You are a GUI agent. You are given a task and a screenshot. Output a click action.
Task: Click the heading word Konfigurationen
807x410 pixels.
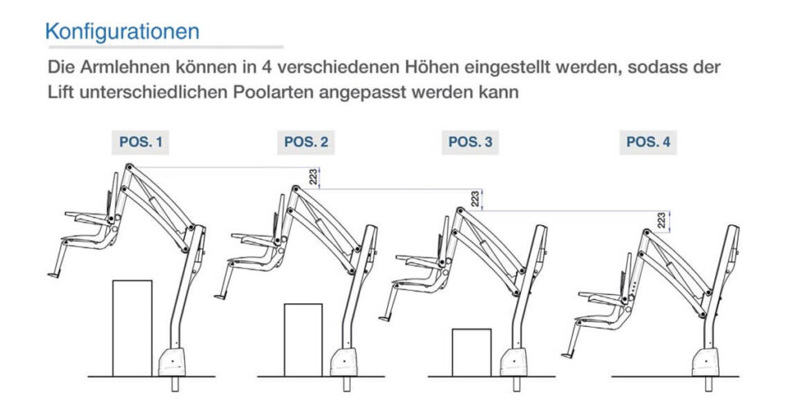pos(122,32)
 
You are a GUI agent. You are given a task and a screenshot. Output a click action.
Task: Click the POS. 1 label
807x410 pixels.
pos(140,142)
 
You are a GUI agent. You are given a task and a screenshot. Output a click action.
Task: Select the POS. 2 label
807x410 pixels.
pos(306,142)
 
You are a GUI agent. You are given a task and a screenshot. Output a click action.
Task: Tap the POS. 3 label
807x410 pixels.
pos(470,142)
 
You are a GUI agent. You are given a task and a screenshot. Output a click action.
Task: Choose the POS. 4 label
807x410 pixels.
pos(648,142)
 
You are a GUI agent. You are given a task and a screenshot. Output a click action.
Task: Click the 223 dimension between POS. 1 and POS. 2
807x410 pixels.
pos(314,177)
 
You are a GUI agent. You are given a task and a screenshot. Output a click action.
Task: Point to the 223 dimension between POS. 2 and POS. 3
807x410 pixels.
pos(475,199)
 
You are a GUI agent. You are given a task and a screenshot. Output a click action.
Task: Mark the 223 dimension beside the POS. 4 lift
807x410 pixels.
pos(662,220)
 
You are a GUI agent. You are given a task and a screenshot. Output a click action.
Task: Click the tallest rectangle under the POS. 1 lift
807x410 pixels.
pos(132,327)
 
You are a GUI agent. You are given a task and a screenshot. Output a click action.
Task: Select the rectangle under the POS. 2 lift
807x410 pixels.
pos(303,339)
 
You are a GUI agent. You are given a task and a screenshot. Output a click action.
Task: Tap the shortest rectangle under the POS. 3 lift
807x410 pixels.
pos(471,351)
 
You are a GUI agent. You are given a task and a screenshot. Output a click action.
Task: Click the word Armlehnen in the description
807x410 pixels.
pos(120,66)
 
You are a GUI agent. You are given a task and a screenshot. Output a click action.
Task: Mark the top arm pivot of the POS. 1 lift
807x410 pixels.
pos(128,166)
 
